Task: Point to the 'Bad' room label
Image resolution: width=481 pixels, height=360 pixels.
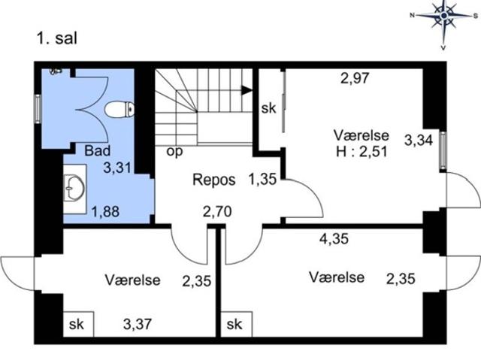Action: click(96, 150)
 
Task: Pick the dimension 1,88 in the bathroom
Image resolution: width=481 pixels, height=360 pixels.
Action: click(105, 212)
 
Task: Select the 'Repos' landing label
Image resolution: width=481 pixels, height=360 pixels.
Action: click(214, 180)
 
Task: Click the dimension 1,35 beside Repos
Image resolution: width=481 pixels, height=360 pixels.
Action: click(261, 180)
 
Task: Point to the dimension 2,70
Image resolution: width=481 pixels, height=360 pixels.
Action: click(216, 212)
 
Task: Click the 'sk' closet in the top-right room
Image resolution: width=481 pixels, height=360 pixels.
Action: click(268, 108)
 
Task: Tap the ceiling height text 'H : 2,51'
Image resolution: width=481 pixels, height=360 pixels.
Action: click(362, 150)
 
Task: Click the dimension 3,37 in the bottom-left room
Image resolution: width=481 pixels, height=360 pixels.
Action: click(138, 325)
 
